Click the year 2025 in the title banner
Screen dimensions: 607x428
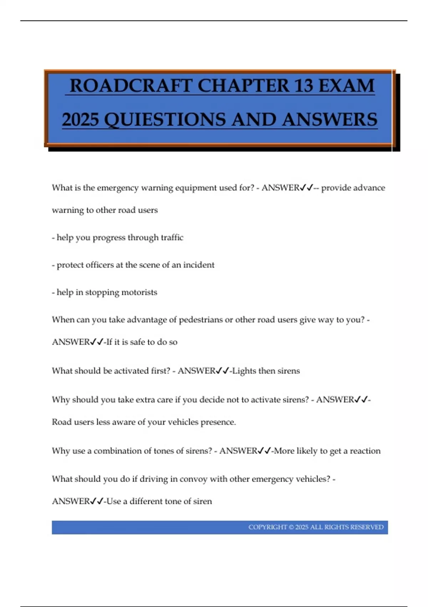tap(80, 119)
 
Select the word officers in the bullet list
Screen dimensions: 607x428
tap(97, 265)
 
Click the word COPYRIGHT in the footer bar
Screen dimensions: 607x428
tap(267, 527)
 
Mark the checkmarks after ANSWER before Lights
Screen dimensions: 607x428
tap(223, 371)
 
